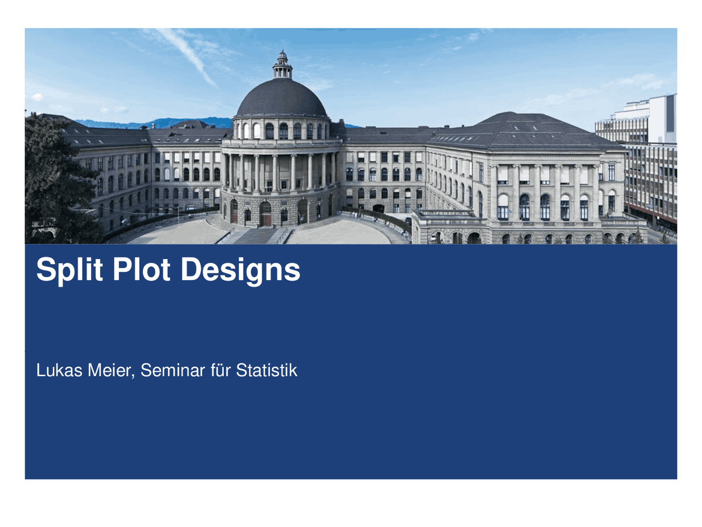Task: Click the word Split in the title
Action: (x=69, y=269)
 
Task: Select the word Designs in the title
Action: (x=240, y=270)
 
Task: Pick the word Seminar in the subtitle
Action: (x=172, y=371)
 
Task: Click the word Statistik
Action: (x=267, y=371)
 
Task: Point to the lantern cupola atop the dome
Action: (x=282, y=64)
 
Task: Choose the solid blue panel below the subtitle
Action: (x=351, y=434)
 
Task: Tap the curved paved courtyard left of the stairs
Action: (x=175, y=231)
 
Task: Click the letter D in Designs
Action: (x=191, y=269)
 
